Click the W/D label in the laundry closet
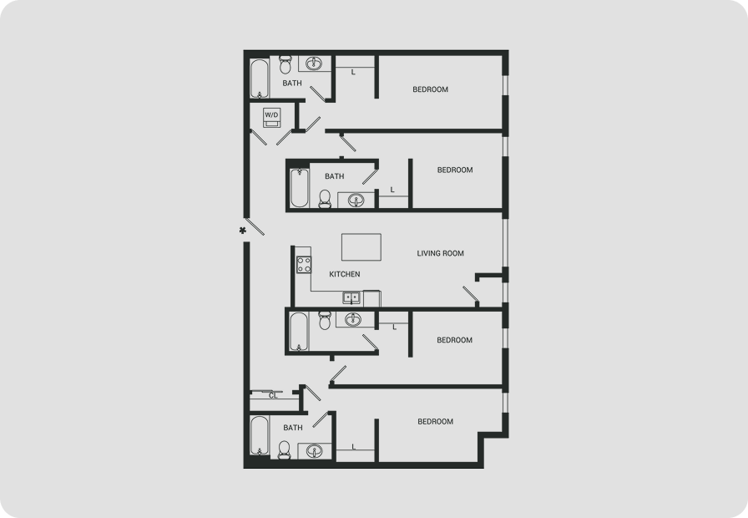(x=271, y=115)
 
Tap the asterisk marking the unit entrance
(x=243, y=231)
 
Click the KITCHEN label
(x=345, y=274)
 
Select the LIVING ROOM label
(x=440, y=253)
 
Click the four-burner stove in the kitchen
(x=304, y=265)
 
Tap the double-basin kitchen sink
(x=351, y=298)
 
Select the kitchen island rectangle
(x=361, y=246)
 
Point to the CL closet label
(x=273, y=396)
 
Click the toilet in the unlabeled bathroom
(x=325, y=320)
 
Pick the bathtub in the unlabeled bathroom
(x=299, y=332)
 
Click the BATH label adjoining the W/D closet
(x=292, y=83)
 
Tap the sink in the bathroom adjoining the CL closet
(x=314, y=450)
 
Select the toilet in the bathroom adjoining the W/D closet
(x=286, y=64)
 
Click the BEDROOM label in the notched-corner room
(x=436, y=422)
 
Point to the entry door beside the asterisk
(x=255, y=226)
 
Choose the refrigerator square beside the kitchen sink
(x=372, y=298)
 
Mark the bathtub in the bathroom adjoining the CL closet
(x=260, y=435)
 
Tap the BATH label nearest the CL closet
(x=293, y=428)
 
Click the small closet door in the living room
(x=470, y=294)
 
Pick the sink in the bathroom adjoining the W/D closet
(x=313, y=63)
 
